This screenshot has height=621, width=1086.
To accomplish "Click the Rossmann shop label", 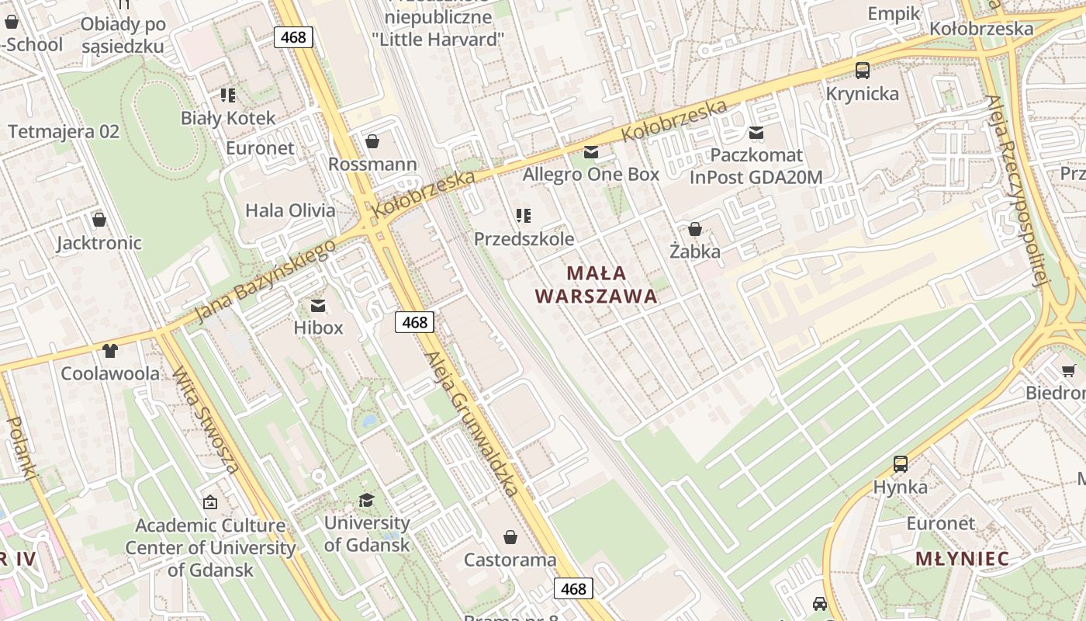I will (x=372, y=165).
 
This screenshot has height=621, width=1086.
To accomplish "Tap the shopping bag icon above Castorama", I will (x=510, y=537).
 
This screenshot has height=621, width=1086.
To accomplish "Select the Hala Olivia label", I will (x=290, y=210).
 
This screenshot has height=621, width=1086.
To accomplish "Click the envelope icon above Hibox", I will (x=318, y=306).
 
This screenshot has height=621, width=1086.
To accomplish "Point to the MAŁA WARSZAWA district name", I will (x=596, y=284).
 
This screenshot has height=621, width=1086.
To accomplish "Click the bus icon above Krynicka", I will (x=863, y=71).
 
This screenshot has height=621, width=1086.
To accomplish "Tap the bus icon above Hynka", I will (x=900, y=464).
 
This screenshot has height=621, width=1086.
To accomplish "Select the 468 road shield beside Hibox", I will (x=414, y=322).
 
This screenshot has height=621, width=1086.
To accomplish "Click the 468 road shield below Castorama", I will (x=573, y=588).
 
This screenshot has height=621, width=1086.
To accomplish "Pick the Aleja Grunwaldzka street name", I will (x=471, y=424).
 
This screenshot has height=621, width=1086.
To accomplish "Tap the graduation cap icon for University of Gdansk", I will (x=366, y=501).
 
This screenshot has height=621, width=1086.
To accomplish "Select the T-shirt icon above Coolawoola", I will (x=109, y=351).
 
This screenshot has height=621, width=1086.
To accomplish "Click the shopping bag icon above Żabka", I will (x=695, y=229).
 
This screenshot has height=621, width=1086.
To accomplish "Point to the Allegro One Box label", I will (x=590, y=174).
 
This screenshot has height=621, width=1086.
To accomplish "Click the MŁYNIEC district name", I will (x=962, y=558).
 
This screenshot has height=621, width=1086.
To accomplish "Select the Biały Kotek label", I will (x=228, y=118).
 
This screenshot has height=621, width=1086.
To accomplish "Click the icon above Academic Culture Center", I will (x=209, y=503).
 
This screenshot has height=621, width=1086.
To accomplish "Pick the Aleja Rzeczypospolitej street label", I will (x=1017, y=190).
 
